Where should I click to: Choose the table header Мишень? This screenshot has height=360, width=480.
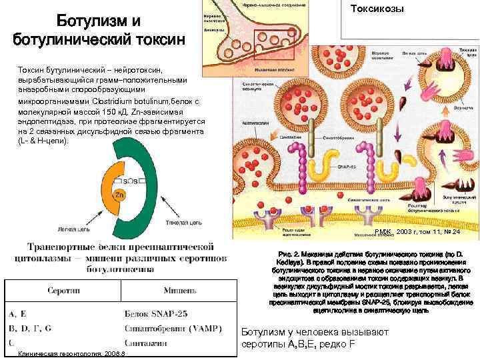[179, 291]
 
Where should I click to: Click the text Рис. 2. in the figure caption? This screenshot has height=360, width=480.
[285, 254]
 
